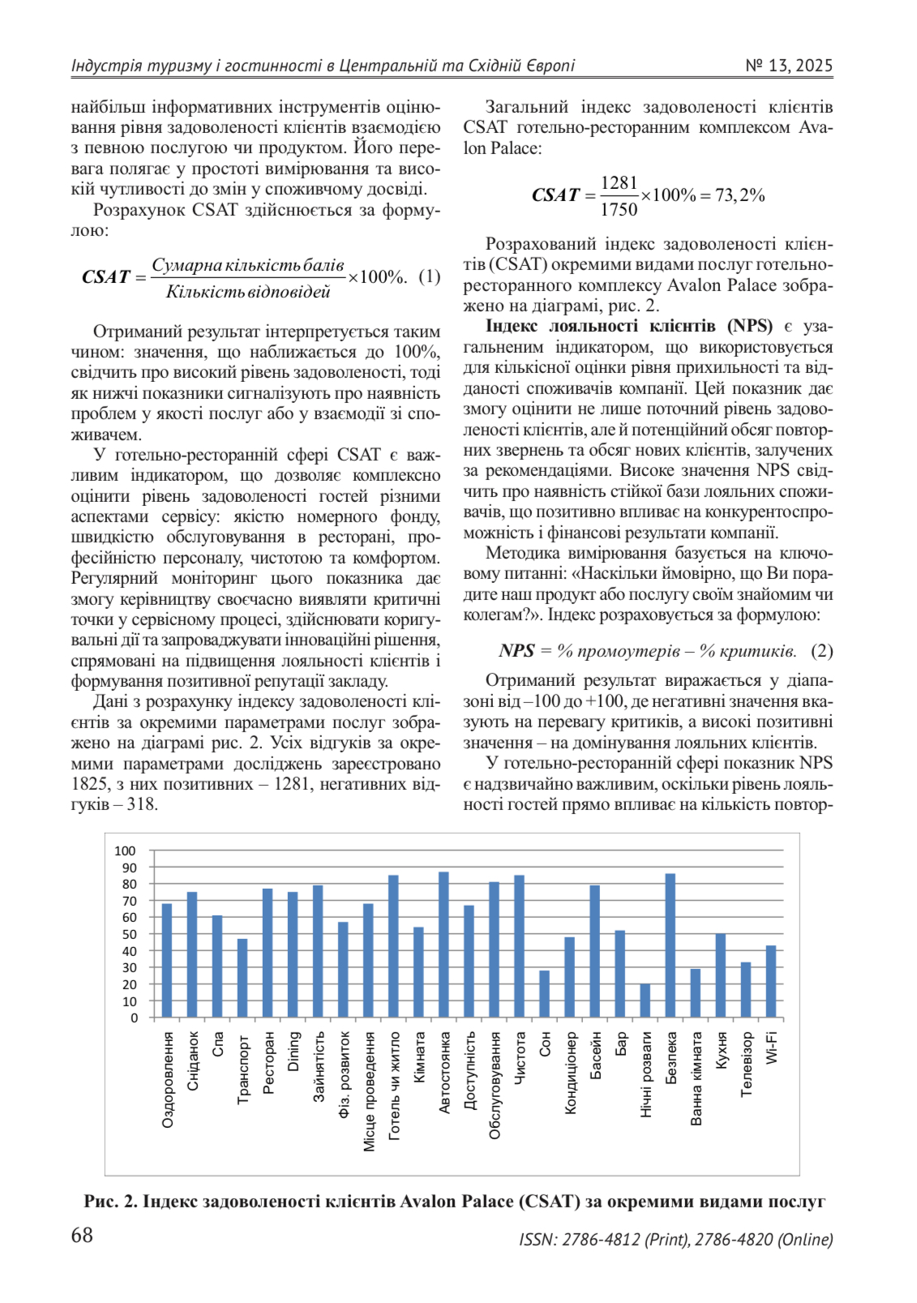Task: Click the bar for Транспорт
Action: coord(242,978)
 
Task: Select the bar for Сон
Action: coord(545,993)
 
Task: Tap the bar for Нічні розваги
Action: coord(645,1001)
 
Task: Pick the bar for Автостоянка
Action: coord(444,945)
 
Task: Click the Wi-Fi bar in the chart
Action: coord(771,981)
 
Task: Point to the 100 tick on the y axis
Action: coord(125,851)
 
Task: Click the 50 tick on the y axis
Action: coord(130,934)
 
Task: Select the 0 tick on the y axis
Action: coord(134,1018)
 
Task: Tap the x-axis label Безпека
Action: coord(671,1058)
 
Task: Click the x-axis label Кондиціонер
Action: coord(570,1073)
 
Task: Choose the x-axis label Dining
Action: coord(294,1051)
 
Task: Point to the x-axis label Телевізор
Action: coord(747,1064)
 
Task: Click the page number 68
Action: coord(82,1235)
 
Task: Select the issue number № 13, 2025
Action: coord(788,66)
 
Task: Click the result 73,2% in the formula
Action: coord(739,195)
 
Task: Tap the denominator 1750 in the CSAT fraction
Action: coord(619,210)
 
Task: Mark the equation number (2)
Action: coord(821,651)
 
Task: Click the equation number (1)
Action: coord(429,276)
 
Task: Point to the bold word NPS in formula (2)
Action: coord(516,651)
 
